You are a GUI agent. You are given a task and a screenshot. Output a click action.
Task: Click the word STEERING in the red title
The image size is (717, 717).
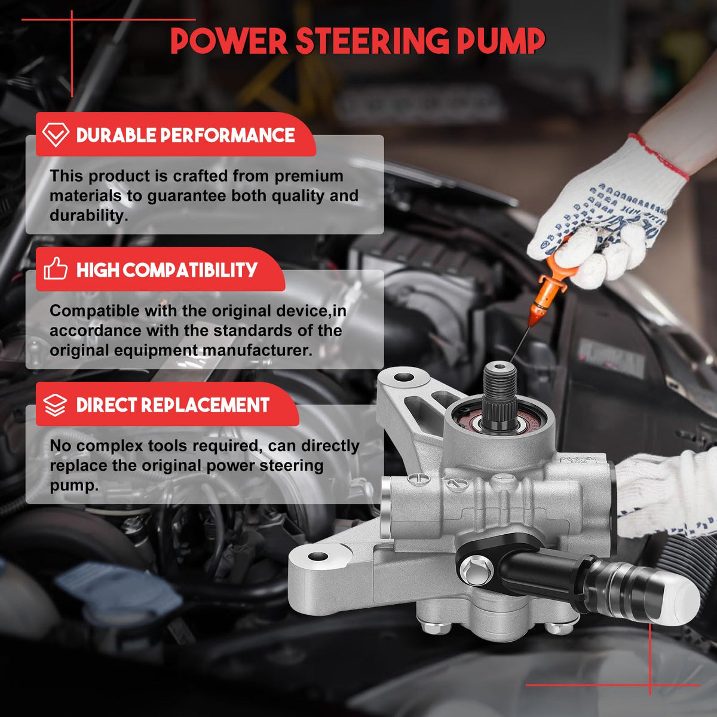coord(372,41)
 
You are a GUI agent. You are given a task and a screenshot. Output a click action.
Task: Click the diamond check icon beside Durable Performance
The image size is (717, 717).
coord(56,134)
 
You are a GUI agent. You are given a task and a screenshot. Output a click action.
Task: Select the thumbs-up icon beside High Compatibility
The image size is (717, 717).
coord(56,269)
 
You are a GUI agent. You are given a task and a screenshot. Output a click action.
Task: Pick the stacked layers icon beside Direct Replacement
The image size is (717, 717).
coord(56,405)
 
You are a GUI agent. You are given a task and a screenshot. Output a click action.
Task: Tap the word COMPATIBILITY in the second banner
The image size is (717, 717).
coord(190,269)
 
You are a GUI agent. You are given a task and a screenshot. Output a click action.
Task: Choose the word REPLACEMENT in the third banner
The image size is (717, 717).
coord(206,405)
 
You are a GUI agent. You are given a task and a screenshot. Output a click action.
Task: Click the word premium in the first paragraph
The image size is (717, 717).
coord(309,177)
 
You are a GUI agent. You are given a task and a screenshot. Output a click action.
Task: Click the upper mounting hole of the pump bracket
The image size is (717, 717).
coord(403,377)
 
